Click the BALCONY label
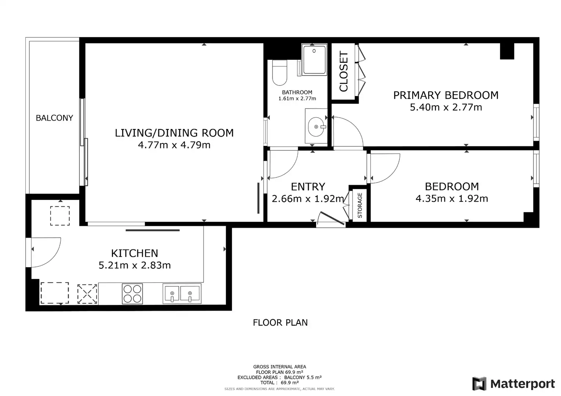(x=54, y=118)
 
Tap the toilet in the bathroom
(x=279, y=73)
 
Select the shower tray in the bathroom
(x=314, y=60)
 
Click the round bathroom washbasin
(x=316, y=127)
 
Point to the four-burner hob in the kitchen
(x=132, y=294)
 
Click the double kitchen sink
(x=182, y=293)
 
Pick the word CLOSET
(x=344, y=71)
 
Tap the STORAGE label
(x=360, y=205)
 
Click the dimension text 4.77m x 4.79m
(x=174, y=145)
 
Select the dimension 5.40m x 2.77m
(x=446, y=107)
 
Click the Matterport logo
(x=513, y=384)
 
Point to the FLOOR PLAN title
(x=280, y=323)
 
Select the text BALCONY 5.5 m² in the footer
(x=303, y=378)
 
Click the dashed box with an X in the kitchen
(x=87, y=294)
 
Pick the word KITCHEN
(x=135, y=253)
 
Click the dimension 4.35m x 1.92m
(x=452, y=199)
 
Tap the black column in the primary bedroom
(x=507, y=51)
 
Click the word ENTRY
(x=308, y=187)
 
